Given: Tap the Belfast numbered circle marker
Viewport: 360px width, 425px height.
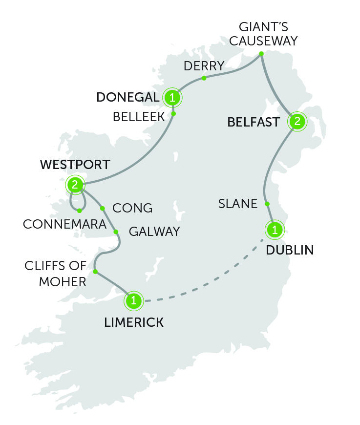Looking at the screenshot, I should (x=296, y=122).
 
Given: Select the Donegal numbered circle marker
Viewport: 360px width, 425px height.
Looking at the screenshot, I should (x=172, y=98).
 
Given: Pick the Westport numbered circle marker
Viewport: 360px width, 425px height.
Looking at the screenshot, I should (x=75, y=185).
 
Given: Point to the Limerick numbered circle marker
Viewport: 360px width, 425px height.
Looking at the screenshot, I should (x=134, y=300).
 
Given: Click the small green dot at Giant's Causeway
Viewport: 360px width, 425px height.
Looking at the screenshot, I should (x=261, y=53).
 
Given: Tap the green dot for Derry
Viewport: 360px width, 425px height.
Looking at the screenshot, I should (x=204, y=78).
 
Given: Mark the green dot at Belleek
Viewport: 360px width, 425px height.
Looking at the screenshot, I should (x=173, y=114).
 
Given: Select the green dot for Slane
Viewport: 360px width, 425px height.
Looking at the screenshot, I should (x=267, y=204).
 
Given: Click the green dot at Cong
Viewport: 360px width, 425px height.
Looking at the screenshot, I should (x=103, y=209).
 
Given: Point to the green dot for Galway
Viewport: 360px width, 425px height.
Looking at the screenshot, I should (x=116, y=232).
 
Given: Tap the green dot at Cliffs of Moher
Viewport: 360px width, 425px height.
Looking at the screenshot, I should (x=95, y=272).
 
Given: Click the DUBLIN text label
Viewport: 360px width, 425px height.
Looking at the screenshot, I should (x=290, y=251).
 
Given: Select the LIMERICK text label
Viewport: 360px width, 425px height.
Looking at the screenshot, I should (x=134, y=322).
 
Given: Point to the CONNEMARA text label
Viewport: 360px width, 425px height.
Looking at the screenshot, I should (x=64, y=225).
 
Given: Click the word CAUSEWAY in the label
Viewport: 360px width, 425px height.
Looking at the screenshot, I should (x=263, y=41).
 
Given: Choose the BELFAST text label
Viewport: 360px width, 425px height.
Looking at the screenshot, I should (x=254, y=122).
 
